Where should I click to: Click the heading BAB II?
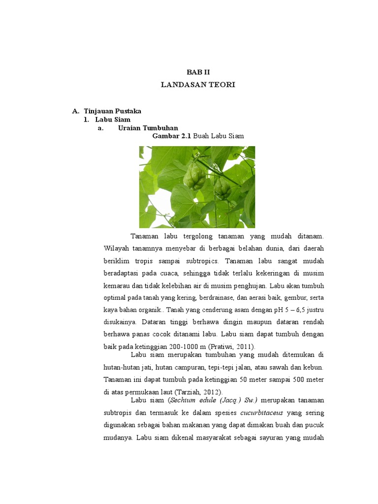point(198,72)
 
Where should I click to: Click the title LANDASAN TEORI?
point(198,85)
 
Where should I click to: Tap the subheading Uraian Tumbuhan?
point(148,127)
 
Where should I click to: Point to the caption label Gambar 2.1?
point(172,136)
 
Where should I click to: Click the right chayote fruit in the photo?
point(223,188)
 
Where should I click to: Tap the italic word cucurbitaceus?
point(266,412)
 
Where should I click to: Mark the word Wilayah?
point(117,248)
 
